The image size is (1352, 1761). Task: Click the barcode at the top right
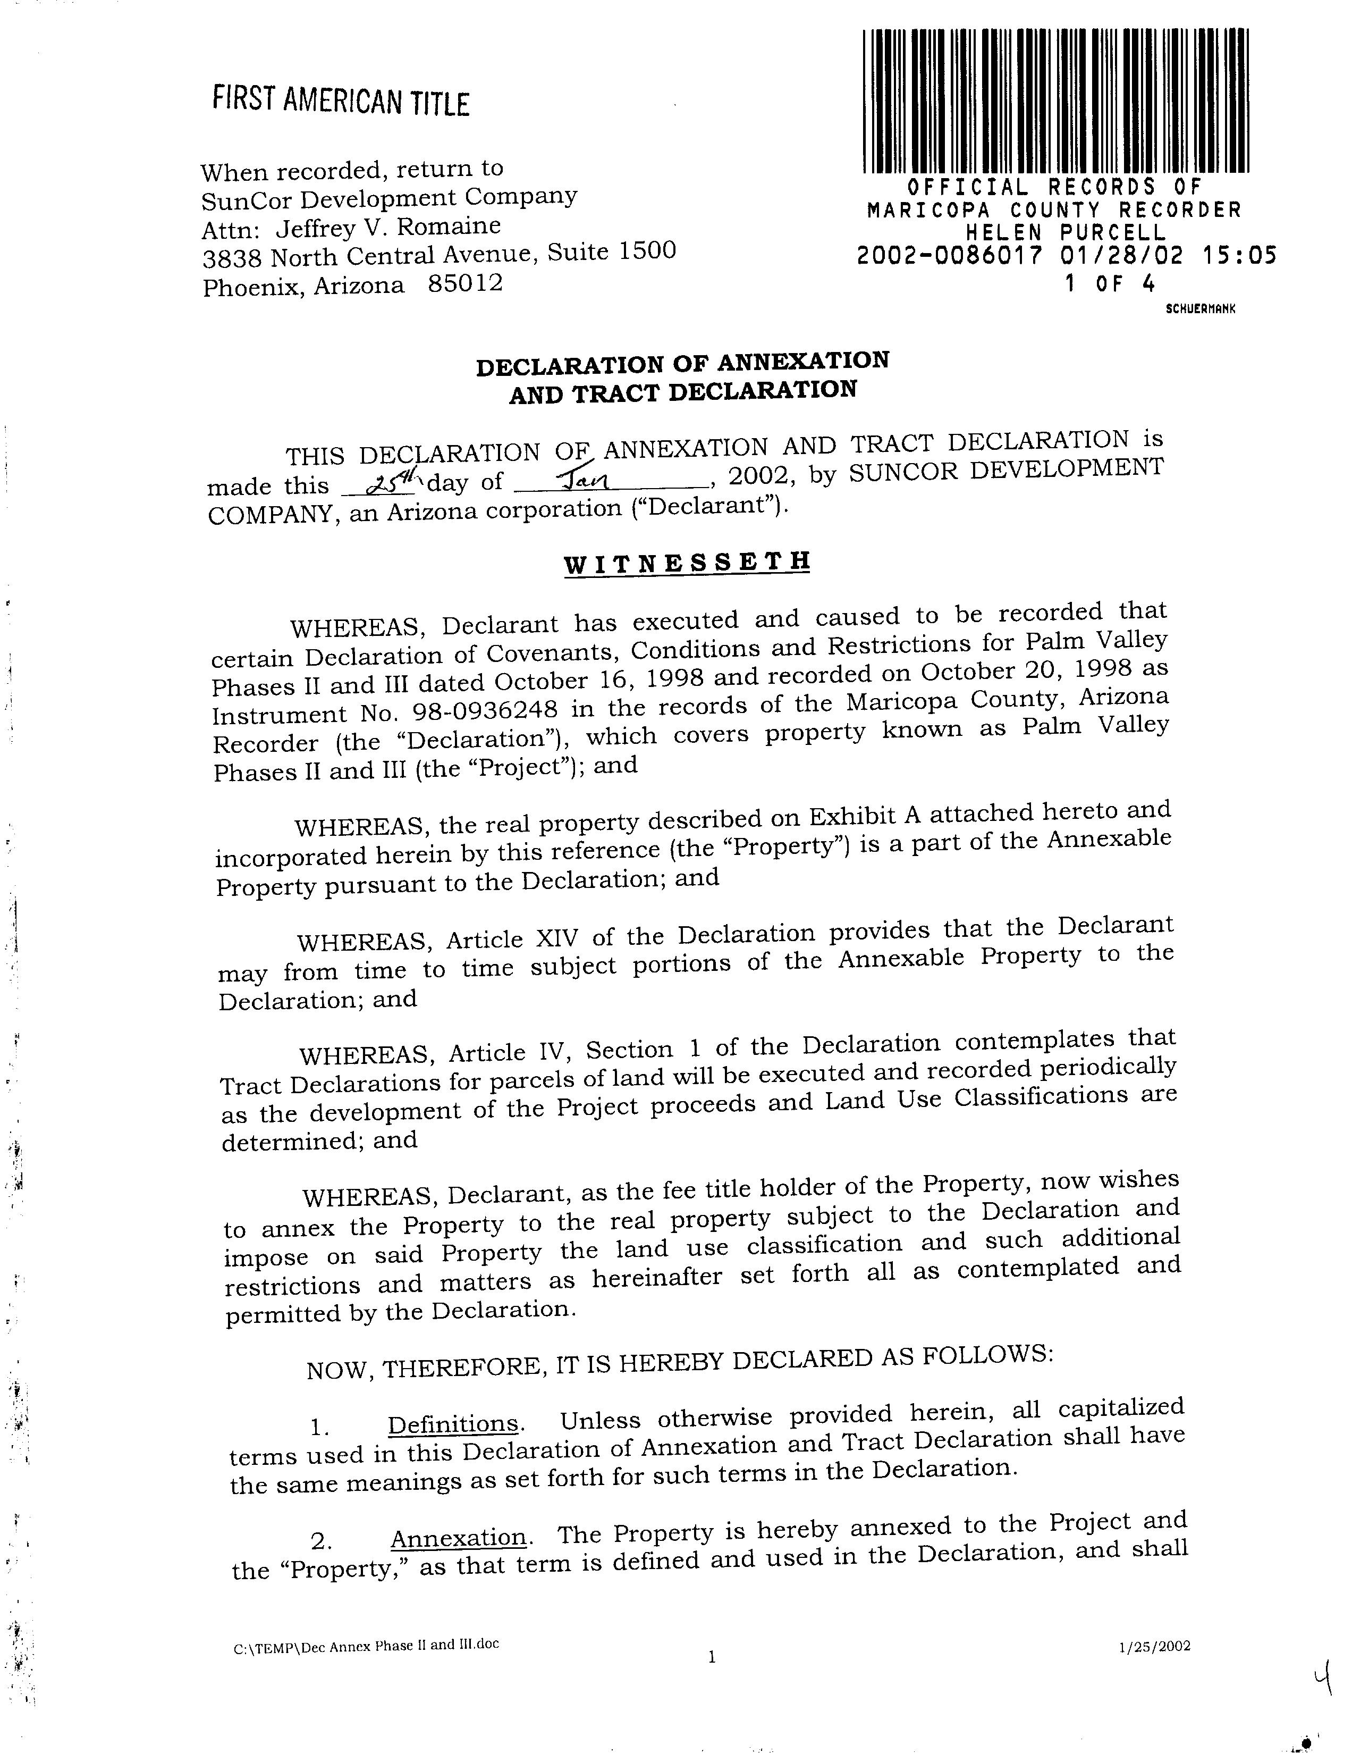(x=1054, y=100)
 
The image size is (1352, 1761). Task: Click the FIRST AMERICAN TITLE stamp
(x=341, y=102)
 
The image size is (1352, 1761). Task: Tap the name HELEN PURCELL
(x=1066, y=233)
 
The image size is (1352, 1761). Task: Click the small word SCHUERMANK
(x=1200, y=308)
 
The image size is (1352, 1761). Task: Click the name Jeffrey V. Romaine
(x=388, y=227)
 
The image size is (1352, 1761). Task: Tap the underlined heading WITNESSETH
(x=687, y=561)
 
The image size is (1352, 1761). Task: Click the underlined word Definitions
(x=453, y=1423)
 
